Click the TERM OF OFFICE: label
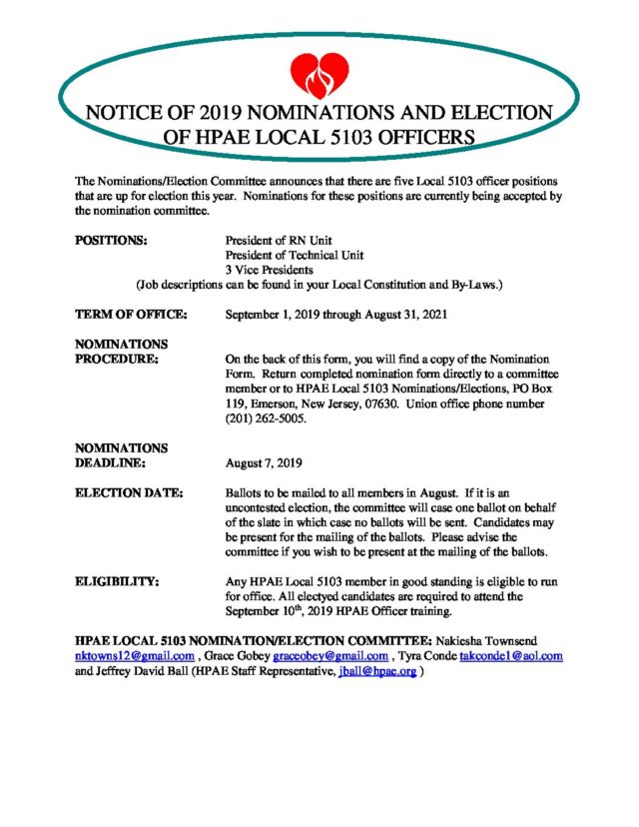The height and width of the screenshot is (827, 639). [x=131, y=314]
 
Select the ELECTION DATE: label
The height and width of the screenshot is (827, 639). [x=130, y=492]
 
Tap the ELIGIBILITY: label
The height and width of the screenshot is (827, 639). [x=118, y=579]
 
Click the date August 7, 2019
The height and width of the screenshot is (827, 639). [x=264, y=463]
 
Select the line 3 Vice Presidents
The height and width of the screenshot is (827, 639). [x=270, y=270]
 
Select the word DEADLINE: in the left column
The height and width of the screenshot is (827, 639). [x=112, y=463]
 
